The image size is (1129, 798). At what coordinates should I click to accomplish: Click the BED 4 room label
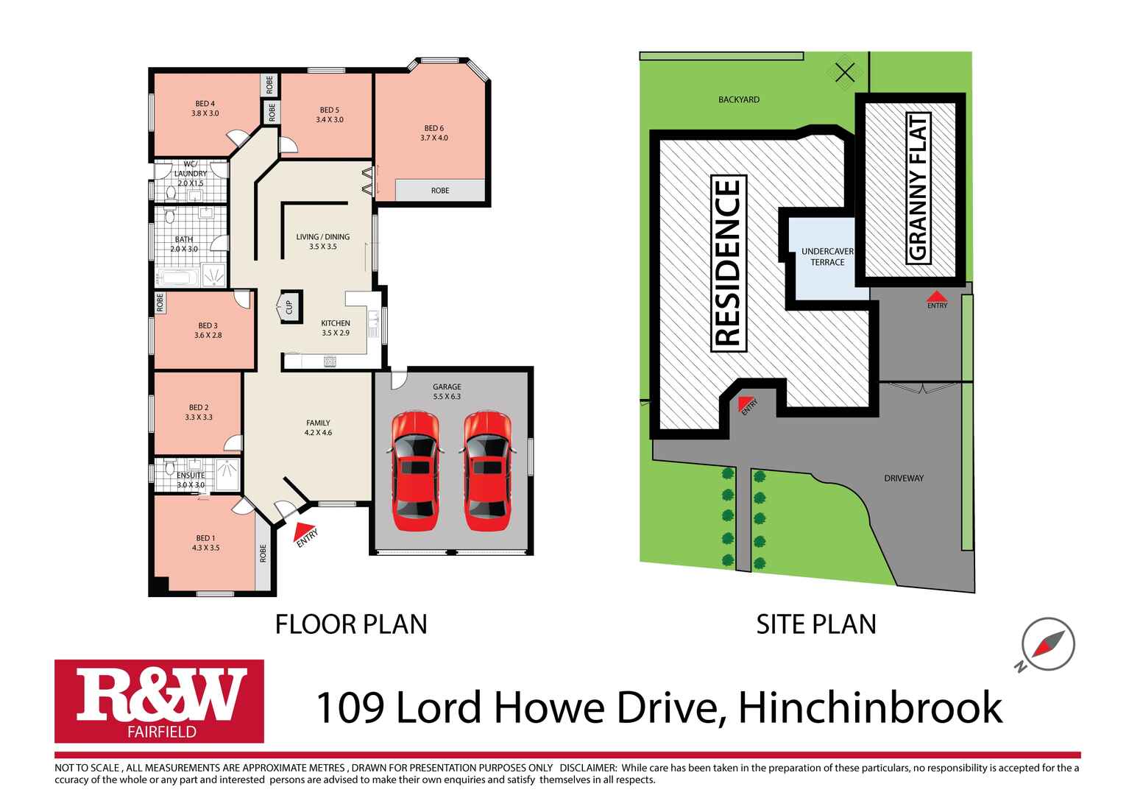[205, 108]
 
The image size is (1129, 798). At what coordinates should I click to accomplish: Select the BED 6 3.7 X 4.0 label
[434, 133]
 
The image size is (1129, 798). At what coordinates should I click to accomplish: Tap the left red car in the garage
[414, 471]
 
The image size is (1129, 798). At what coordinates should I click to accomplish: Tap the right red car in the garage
[487, 471]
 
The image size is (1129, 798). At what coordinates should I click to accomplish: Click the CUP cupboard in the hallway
[289, 306]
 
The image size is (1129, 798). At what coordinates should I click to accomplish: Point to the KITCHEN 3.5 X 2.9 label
[336, 328]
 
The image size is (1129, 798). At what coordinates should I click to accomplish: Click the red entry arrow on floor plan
[302, 529]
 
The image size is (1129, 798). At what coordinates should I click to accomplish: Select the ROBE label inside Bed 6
[440, 191]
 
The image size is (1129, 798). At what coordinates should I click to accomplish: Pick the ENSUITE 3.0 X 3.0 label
[191, 480]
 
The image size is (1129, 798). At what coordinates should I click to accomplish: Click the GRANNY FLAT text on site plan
[919, 188]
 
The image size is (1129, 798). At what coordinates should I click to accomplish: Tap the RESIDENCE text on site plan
[729, 264]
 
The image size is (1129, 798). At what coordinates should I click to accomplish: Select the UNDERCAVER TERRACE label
[827, 257]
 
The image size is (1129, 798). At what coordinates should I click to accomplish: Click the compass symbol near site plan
[1048, 644]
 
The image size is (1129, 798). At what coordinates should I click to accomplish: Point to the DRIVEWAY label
[904, 479]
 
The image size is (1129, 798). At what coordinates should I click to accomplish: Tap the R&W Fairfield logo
[159, 701]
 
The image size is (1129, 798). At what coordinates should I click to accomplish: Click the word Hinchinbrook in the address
[870, 708]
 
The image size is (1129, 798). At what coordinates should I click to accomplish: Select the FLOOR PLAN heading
[351, 624]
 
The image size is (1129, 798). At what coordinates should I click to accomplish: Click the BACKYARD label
[738, 99]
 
